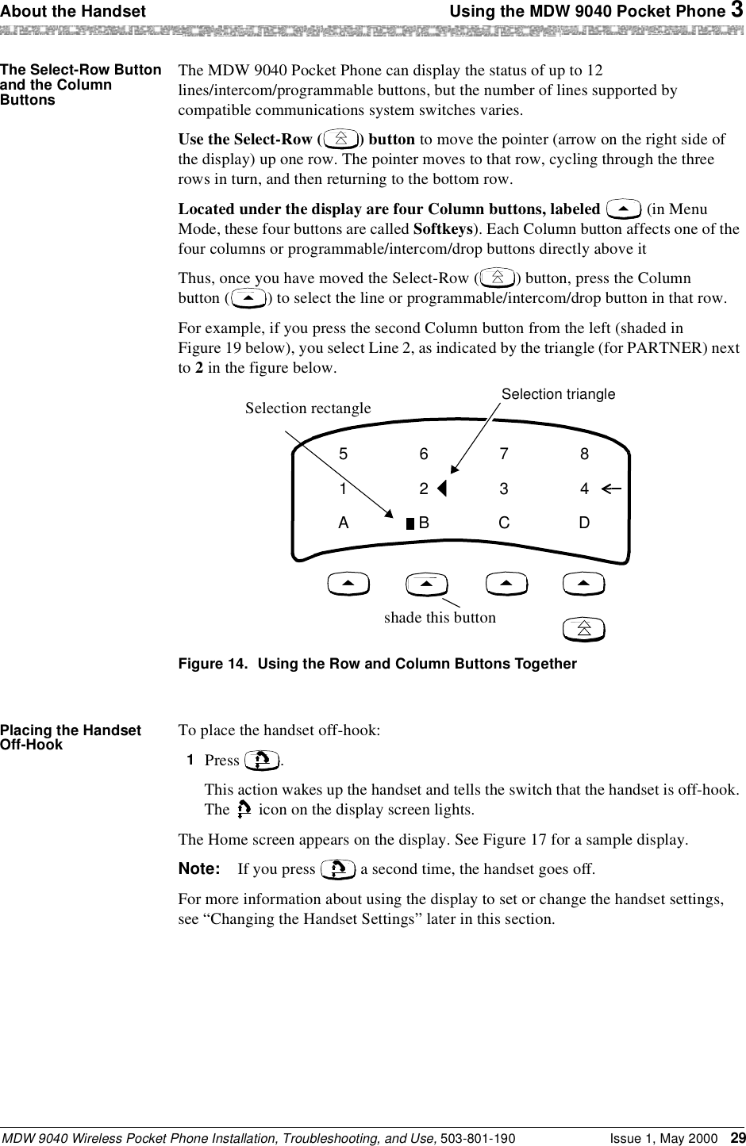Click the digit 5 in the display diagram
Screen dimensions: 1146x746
click(343, 454)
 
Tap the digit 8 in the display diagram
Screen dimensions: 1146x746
click(584, 454)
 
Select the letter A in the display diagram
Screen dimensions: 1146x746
click(343, 523)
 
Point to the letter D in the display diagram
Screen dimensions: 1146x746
click(584, 523)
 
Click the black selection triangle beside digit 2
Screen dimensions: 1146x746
click(442, 489)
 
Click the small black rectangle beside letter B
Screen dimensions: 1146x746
click(410, 523)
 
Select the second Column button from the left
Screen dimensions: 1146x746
click(426, 585)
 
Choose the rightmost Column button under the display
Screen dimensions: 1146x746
click(583, 585)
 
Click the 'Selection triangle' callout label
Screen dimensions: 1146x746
click(558, 394)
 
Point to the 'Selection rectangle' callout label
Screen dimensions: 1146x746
click(308, 408)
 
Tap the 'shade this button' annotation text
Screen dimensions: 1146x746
click(440, 617)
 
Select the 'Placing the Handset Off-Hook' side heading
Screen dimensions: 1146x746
click(71, 738)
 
